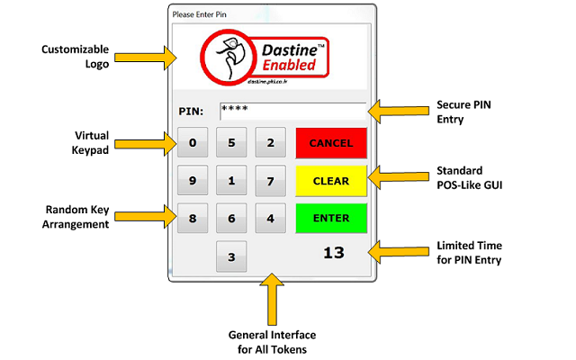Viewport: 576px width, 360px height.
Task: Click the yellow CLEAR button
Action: click(x=330, y=181)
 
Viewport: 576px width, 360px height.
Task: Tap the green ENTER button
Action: click(x=330, y=219)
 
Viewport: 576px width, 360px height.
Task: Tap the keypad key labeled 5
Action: click(x=231, y=142)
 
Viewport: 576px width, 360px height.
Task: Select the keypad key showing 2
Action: click(x=271, y=142)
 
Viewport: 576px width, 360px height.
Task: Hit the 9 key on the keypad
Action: click(x=193, y=181)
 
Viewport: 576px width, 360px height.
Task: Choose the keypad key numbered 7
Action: click(x=271, y=181)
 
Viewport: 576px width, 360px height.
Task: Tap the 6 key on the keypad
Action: click(x=231, y=219)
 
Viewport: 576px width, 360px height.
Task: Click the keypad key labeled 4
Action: click(x=271, y=219)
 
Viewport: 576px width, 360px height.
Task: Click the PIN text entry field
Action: click(x=292, y=111)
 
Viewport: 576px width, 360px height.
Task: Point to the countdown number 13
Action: click(x=334, y=253)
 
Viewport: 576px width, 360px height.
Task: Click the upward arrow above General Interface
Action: click(x=270, y=301)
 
